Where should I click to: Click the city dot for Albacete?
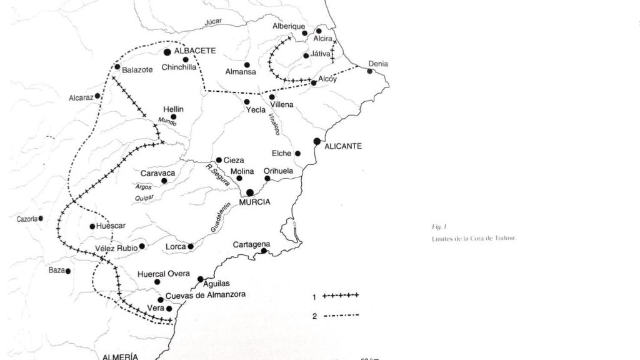click(x=167, y=52)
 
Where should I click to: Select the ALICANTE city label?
click(x=343, y=146)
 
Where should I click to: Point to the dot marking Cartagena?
click(x=264, y=251)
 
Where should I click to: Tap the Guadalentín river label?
click(x=221, y=217)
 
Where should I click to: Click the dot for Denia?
click(x=369, y=71)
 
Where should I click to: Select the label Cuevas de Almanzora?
click(x=206, y=294)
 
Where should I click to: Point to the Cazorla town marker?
click(x=41, y=219)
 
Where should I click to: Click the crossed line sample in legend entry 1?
click(x=341, y=295)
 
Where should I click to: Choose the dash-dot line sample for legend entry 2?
click(x=341, y=315)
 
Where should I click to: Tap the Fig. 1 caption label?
click(x=439, y=227)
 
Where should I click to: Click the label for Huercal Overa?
click(x=163, y=273)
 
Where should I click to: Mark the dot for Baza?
click(x=68, y=271)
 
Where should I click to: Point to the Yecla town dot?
click(x=247, y=102)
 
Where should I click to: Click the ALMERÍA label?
click(x=120, y=356)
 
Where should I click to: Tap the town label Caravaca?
click(x=157, y=172)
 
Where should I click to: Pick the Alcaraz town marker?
click(x=97, y=96)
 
